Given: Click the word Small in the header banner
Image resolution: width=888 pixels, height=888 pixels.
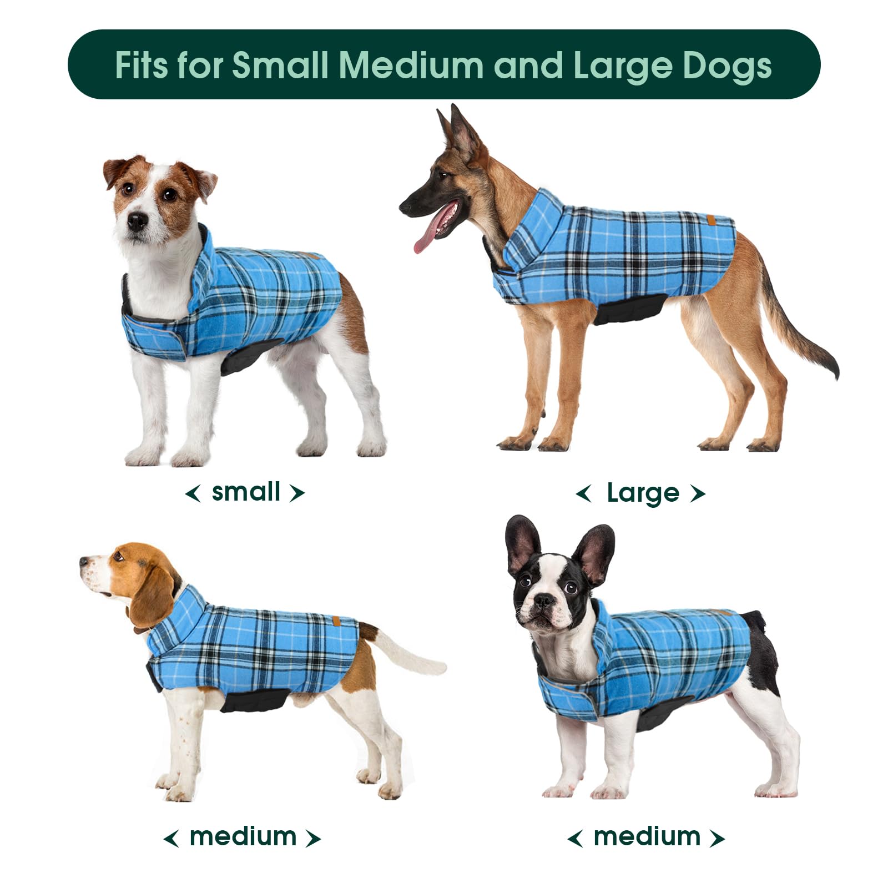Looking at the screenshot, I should [280, 65].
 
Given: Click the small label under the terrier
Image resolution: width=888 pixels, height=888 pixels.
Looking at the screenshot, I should [246, 492].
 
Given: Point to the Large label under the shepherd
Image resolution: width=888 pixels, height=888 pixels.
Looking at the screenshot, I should [643, 493].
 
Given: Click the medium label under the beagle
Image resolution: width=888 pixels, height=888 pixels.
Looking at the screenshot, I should [243, 836].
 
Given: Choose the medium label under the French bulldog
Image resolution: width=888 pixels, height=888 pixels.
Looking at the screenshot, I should [647, 836].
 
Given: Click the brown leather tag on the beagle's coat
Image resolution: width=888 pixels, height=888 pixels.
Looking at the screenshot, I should [337, 619].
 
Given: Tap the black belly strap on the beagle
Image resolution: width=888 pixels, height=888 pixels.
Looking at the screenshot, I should [255, 700].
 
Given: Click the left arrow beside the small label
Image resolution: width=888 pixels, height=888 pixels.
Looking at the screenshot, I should [193, 492].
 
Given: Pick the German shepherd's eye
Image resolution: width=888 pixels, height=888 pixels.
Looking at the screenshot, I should [444, 176].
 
